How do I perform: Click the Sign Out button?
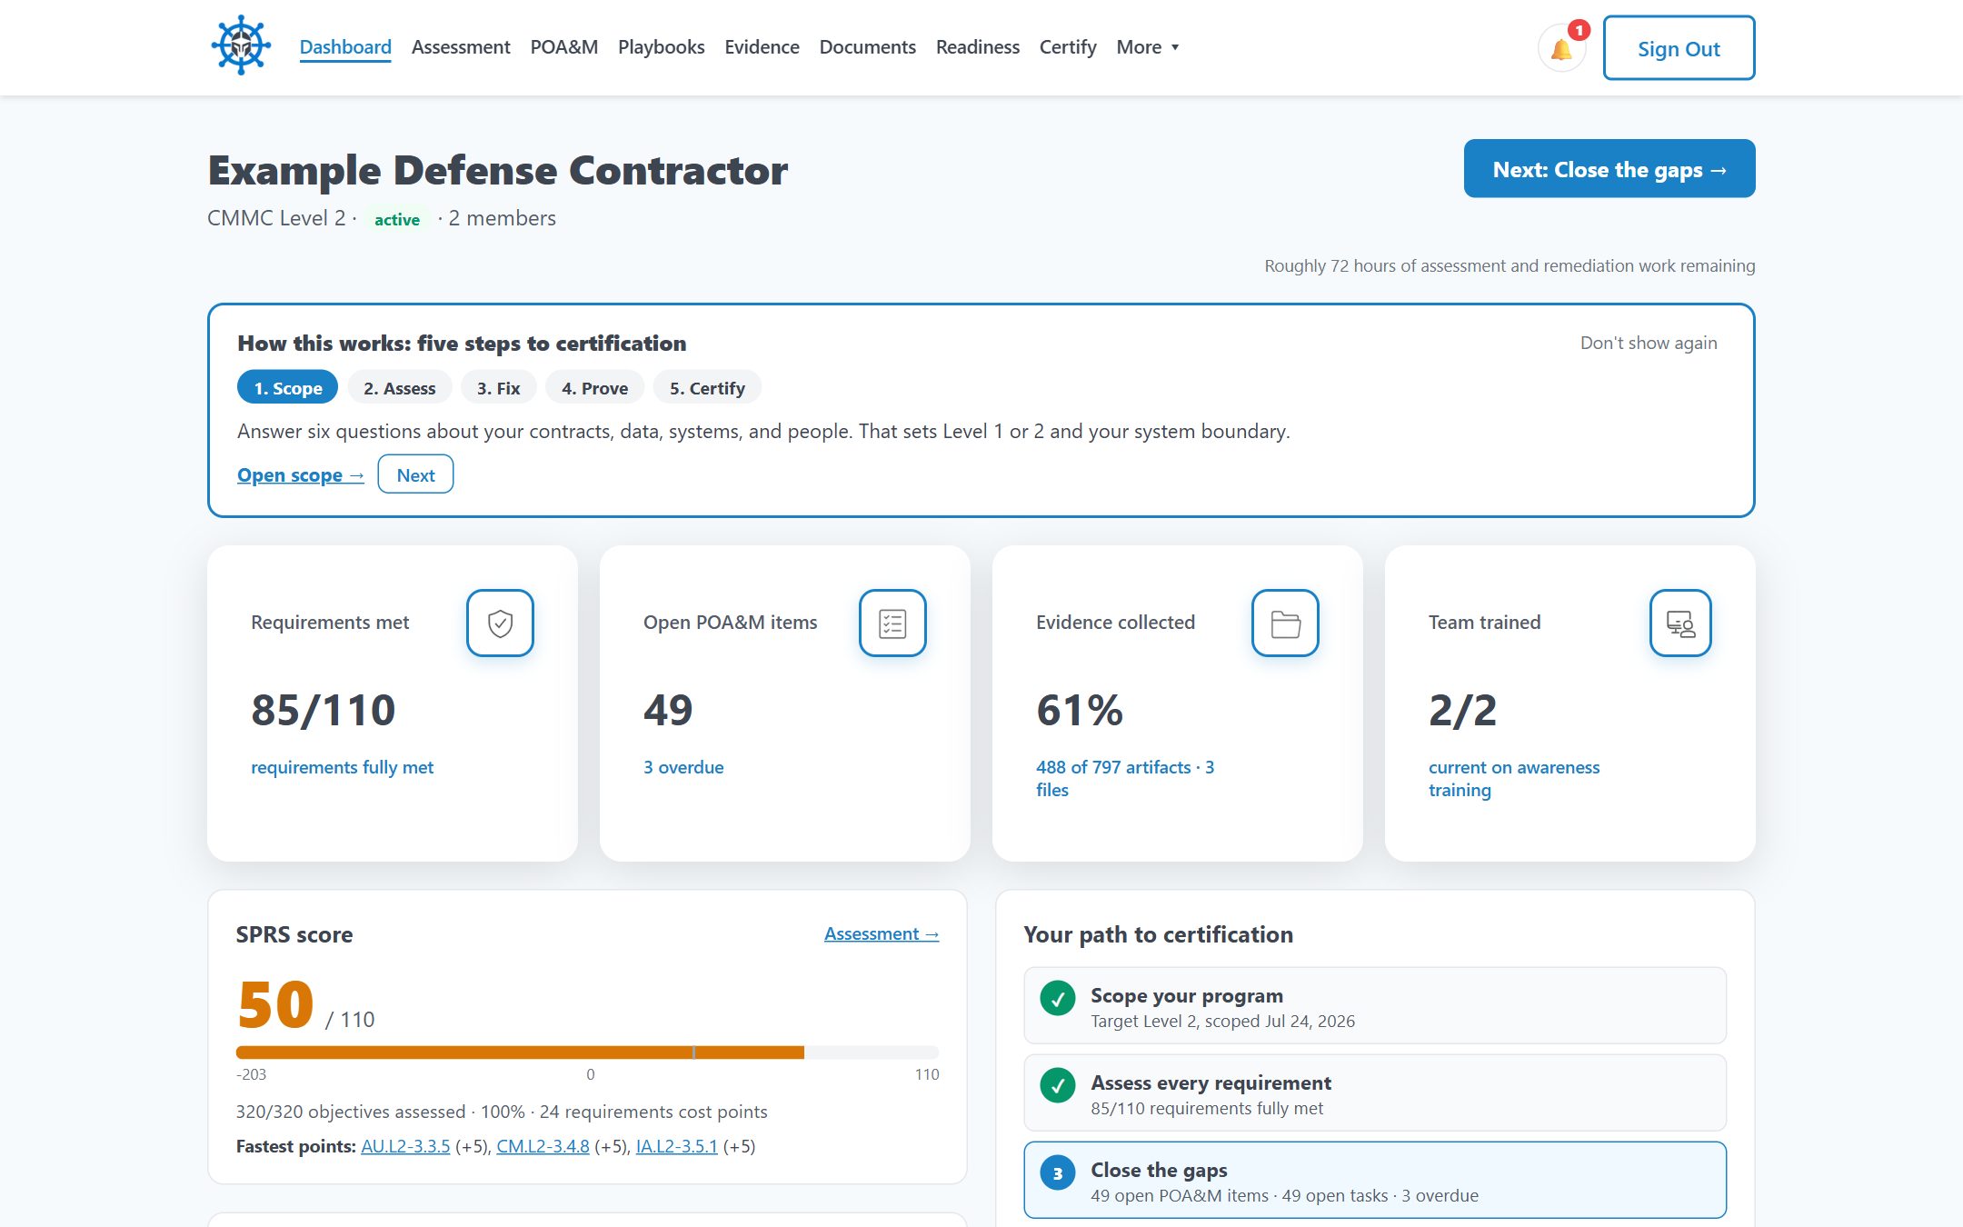pos(1679,48)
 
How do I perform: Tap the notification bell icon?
pos(1561,49)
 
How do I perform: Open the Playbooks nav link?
pos(661,47)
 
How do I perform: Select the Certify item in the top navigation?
pos(1068,47)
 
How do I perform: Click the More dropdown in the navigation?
pos(1147,47)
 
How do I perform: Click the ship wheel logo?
pos(241,45)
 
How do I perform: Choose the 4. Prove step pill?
pos(594,388)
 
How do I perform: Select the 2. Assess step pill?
pos(399,388)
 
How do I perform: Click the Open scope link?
pos(301,475)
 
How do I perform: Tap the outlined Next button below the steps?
pos(415,474)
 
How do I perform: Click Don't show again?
pos(1649,343)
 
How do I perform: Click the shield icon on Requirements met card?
pos(500,623)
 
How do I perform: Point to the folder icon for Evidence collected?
pos(1285,623)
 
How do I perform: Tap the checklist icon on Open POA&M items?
pos(892,623)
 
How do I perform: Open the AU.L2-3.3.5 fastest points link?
pos(405,1147)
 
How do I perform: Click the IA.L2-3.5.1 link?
pos(677,1147)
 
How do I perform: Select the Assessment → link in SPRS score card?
pos(882,934)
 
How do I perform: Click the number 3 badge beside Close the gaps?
pos(1058,1173)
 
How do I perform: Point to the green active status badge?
pos(397,220)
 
